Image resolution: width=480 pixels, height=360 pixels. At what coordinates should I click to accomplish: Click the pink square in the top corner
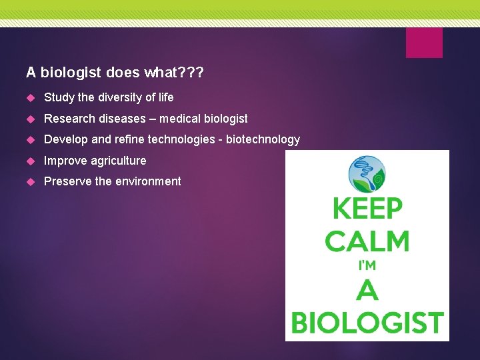click(x=424, y=42)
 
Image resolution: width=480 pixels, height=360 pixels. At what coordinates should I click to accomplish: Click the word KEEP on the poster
click(x=367, y=209)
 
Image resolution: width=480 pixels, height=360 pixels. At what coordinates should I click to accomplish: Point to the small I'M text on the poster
click(x=367, y=265)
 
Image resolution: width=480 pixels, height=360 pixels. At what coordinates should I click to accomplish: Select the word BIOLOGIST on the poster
click(x=367, y=323)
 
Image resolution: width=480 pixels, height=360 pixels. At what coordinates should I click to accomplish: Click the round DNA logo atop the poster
click(x=367, y=175)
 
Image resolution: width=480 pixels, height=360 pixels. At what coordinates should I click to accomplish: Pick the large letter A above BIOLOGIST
click(x=367, y=291)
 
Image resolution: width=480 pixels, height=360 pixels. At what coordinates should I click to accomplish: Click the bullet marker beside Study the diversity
click(x=30, y=98)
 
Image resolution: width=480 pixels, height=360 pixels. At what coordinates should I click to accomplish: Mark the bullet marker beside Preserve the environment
click(x=30, y=182)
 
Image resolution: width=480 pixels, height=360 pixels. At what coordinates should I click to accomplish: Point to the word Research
click(x=67, y=119)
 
